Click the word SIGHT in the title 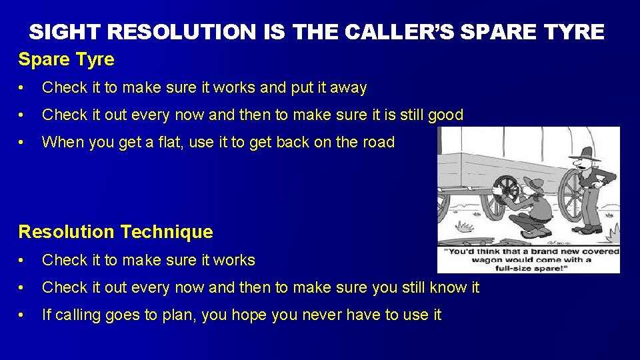(64, 31)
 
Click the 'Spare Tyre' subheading (66, 59)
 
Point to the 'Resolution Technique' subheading (115, 232)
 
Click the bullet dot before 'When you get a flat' (23, 143)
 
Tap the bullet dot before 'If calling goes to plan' (23, 315)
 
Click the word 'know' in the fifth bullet (445, 287)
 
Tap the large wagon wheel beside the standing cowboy (571, 197)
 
